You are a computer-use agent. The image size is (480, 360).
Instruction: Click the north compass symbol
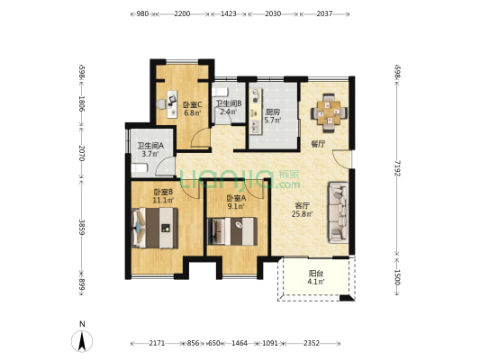[x=82, y=340]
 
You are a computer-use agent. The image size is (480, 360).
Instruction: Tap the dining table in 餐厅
[x=329, y=112]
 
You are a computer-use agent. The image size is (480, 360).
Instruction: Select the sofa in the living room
[x=339, y=212]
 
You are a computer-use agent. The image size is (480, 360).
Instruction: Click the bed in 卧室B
[x=155, y=228]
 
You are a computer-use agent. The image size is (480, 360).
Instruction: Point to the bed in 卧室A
[x=232, y=231]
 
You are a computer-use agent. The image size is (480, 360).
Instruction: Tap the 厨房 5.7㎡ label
[x=273, y=116]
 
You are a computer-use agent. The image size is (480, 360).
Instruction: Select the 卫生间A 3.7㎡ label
[x=150, y=150]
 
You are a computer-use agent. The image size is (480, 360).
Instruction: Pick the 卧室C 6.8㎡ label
[x=192, y=109]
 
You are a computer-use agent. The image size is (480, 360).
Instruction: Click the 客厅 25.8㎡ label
[x=303, y=210]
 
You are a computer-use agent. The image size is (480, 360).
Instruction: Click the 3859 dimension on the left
[x=82, y=227]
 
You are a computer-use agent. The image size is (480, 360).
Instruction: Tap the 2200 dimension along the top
[x=182, y=13]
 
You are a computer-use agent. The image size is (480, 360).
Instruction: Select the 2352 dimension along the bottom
[x=312, y=343]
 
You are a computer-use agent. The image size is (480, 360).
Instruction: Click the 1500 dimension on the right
[x=397, y=277]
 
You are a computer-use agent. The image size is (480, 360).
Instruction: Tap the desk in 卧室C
[x=172, y=104]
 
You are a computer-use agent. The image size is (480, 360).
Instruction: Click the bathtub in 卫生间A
[x=140, y=168]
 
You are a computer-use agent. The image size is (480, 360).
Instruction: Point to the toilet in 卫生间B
[x=220, y=92]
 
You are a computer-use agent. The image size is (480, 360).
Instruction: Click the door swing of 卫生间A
[x=165, y=166]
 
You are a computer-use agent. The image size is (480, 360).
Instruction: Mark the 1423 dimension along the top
[x=229, y=13]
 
